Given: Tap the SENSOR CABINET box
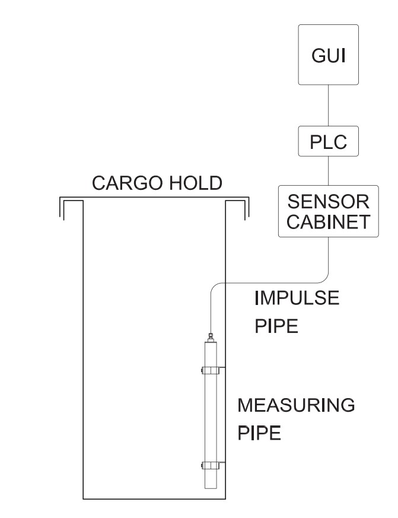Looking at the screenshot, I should [328, 211].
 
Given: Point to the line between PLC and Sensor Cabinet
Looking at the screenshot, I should [328, 171].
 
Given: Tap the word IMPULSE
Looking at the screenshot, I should [297, 298].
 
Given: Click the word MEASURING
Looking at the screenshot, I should [296, 406].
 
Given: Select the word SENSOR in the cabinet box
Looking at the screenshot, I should [328, 200].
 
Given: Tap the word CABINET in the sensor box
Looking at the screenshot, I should [328, 222].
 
